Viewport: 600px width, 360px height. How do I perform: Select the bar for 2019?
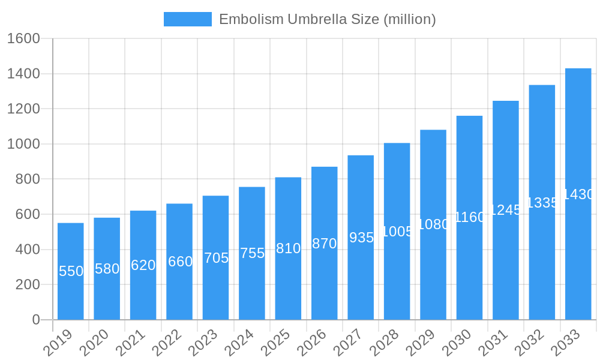coord(71,271)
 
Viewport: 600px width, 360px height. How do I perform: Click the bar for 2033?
coord(578,194)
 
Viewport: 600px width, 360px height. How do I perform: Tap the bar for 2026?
coord(325,243)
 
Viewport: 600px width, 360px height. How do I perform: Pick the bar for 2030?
coord(469,217)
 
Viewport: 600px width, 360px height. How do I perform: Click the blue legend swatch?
coord(188,19)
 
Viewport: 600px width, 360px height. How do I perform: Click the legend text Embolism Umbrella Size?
coord(327,19)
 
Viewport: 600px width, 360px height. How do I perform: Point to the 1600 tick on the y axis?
coord(23,39)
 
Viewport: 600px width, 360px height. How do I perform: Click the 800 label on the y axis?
coord(28,179)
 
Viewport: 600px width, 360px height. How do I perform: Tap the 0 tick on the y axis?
coord(36,320)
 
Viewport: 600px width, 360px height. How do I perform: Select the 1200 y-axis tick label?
coord(23,109)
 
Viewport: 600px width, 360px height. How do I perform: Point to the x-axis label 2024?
coord(241,344)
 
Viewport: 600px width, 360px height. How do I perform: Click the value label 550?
coord(71,271)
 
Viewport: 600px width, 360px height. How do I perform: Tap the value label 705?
coord(216,258)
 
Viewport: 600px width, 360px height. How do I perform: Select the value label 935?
coord(361,238)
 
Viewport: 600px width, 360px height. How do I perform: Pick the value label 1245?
coord(506,209)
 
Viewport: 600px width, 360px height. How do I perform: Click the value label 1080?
coord(433,224)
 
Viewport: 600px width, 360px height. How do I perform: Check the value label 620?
coord(143,265)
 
